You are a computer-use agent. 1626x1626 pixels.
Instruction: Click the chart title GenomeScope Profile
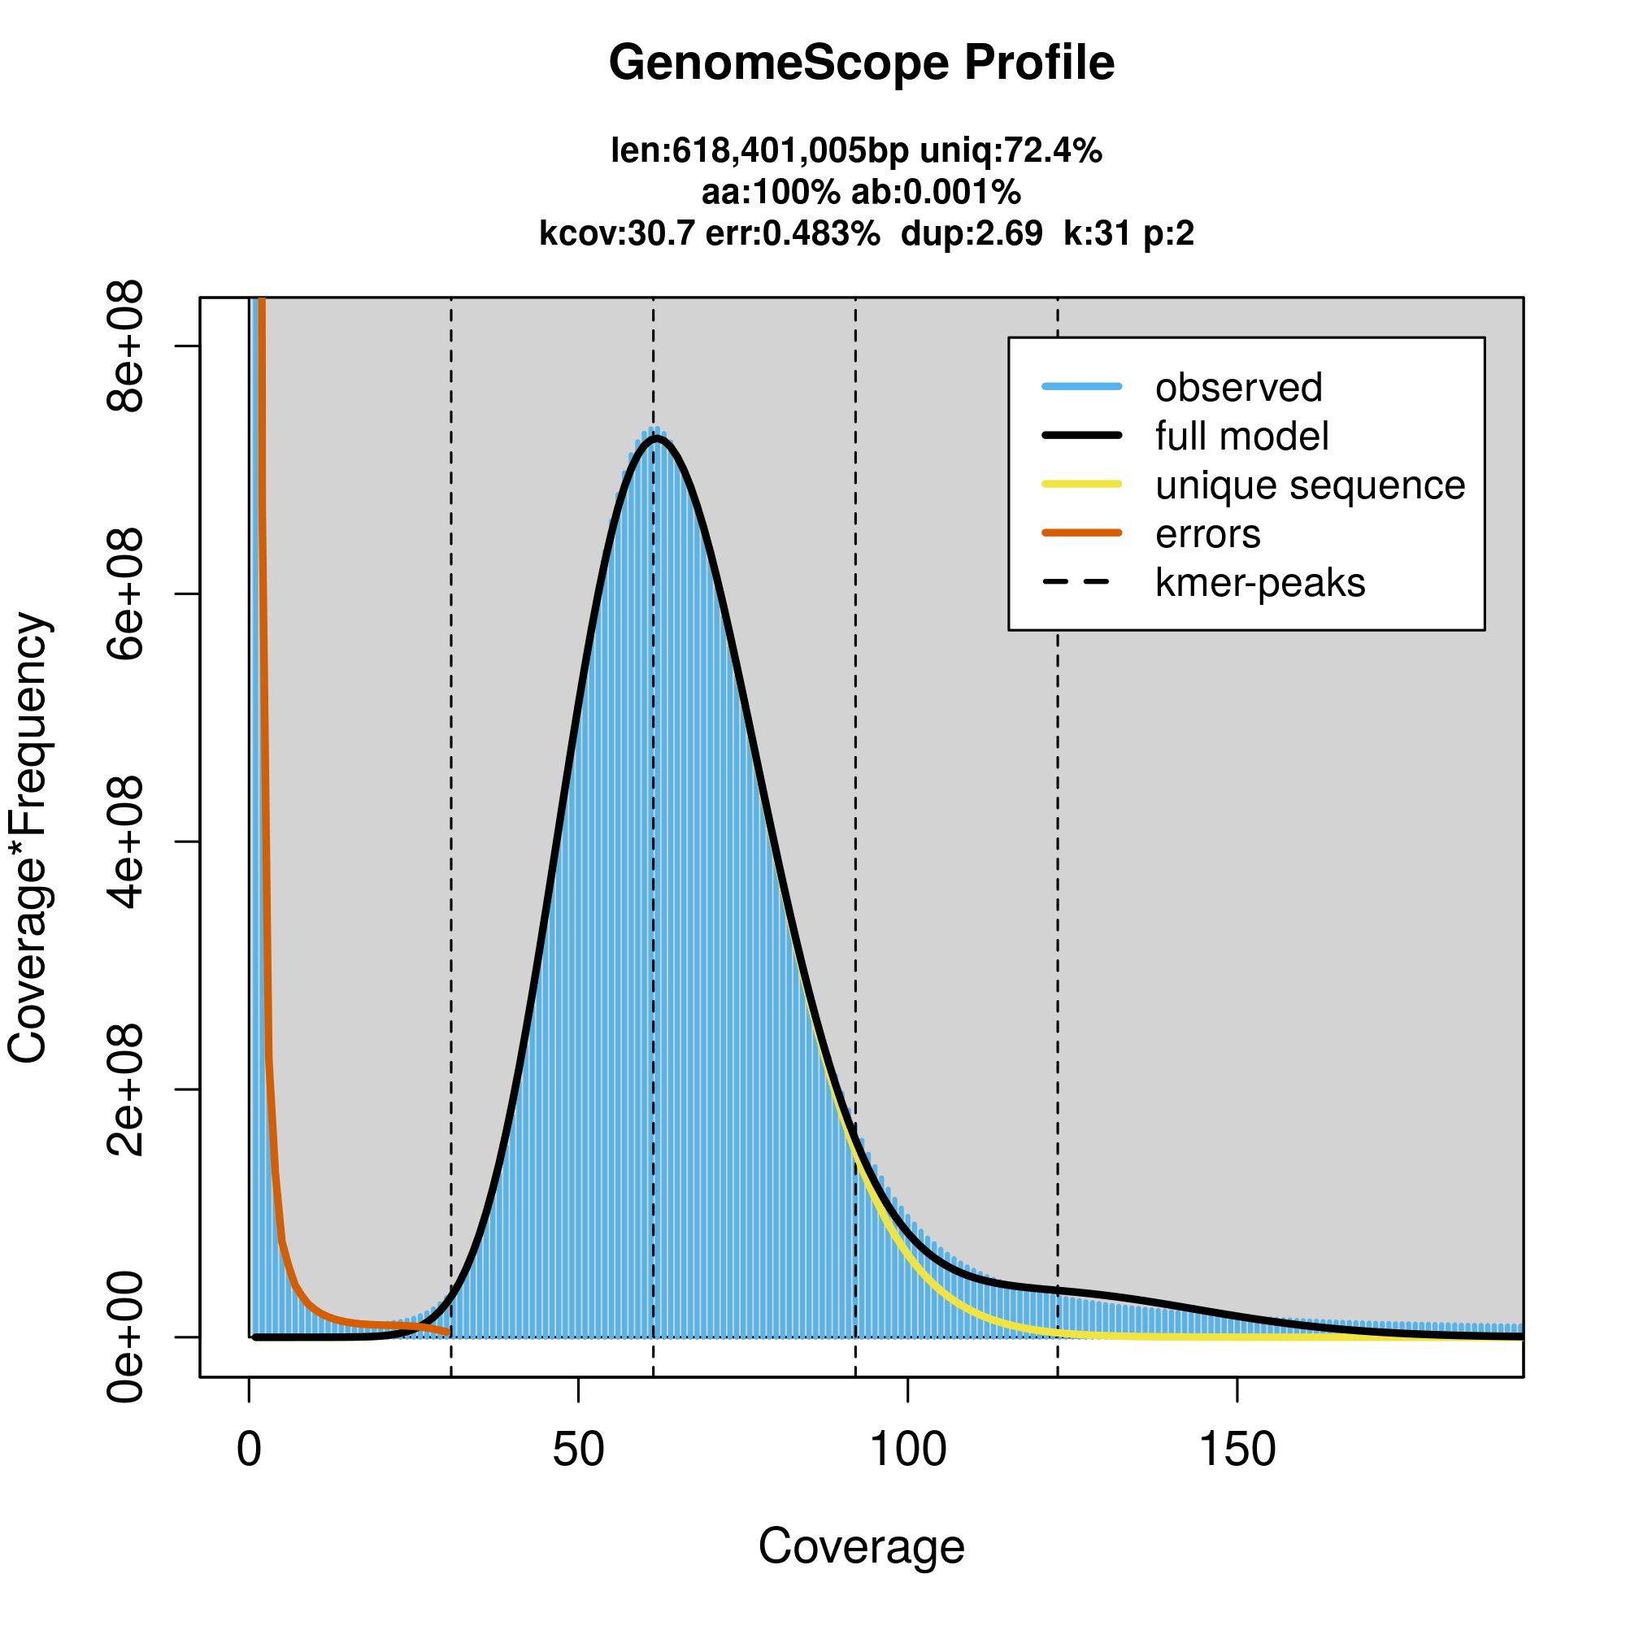point(861,63)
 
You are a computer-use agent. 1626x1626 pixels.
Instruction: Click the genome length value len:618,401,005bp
point(759,151)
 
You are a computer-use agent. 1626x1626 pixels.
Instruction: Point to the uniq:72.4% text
point(1011,151)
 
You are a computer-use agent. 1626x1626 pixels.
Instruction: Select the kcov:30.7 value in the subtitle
point(617,233)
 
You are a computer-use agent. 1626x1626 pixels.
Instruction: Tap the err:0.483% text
point(793,233)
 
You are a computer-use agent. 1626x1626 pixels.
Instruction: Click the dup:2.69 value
point(972,233)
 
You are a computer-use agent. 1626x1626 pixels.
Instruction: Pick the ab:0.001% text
point(936,193)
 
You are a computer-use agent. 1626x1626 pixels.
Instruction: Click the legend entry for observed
point(1238,388)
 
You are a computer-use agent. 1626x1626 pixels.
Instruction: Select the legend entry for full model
point(1241,437)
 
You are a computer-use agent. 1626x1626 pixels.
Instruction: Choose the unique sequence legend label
point(1310,485)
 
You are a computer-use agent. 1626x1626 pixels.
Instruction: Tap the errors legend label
point(1208,534)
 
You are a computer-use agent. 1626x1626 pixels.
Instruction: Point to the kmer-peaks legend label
point(1260,583)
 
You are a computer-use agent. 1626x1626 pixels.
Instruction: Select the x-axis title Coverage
point(861,1546)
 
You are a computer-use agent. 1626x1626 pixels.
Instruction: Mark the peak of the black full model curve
point(655,438)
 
